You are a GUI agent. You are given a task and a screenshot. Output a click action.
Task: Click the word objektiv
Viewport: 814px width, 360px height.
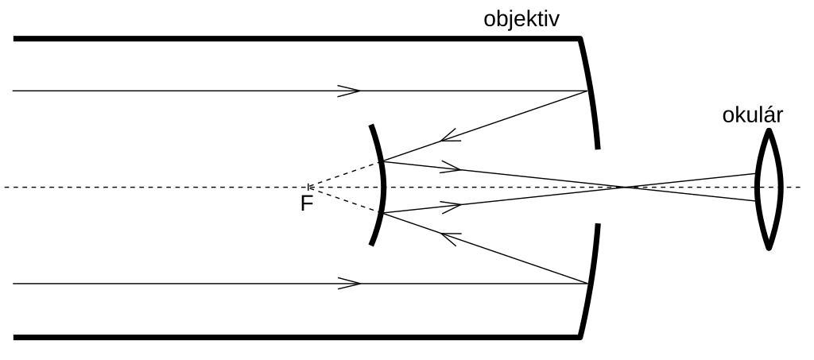pos(521,18)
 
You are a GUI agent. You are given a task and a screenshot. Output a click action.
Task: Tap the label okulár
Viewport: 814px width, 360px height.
pos(752,115)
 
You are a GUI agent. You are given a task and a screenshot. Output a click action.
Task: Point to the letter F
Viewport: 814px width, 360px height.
pos(307,204)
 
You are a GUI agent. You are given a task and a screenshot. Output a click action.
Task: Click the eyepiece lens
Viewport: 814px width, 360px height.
pos(769,189)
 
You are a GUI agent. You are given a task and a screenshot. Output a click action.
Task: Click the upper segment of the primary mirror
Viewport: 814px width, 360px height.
pos(591,91)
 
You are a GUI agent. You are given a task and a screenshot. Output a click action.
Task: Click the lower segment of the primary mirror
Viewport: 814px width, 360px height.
pos(591,282)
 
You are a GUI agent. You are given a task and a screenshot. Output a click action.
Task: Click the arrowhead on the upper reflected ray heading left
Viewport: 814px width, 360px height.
pos(451,138)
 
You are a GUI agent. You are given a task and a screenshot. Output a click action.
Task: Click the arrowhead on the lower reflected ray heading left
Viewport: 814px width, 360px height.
pos(451,236)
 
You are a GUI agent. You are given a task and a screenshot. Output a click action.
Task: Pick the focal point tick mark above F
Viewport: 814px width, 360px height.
pos(309,188)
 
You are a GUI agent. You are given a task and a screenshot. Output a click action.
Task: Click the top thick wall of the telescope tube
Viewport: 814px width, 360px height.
pos(294,38)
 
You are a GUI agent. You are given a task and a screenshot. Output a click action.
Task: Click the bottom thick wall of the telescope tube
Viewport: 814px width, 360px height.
pos(294,337)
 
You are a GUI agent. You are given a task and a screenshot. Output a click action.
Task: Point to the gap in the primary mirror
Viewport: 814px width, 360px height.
pos(597,187)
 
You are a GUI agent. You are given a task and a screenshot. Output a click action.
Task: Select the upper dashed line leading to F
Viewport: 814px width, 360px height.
pos(347,174)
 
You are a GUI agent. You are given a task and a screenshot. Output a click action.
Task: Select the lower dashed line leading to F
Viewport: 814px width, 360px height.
pos(347,201)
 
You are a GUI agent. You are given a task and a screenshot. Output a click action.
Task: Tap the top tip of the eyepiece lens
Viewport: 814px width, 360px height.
pos(769,131)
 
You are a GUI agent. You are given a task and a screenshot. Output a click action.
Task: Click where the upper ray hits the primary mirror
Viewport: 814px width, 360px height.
pos(587,91)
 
